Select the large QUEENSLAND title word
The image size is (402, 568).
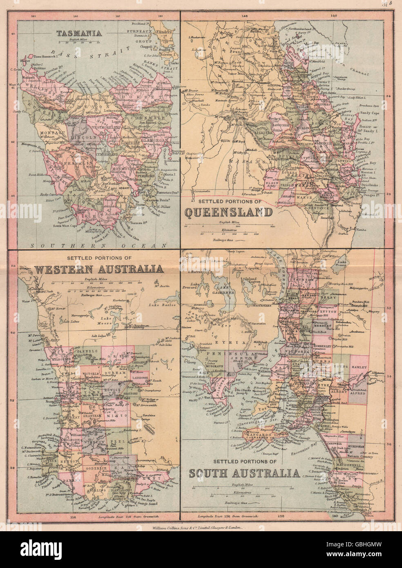[x=228, y=212]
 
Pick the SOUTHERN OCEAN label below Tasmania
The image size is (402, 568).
[x=98, y=246]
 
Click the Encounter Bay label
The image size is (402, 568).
[x=302, y=447]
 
